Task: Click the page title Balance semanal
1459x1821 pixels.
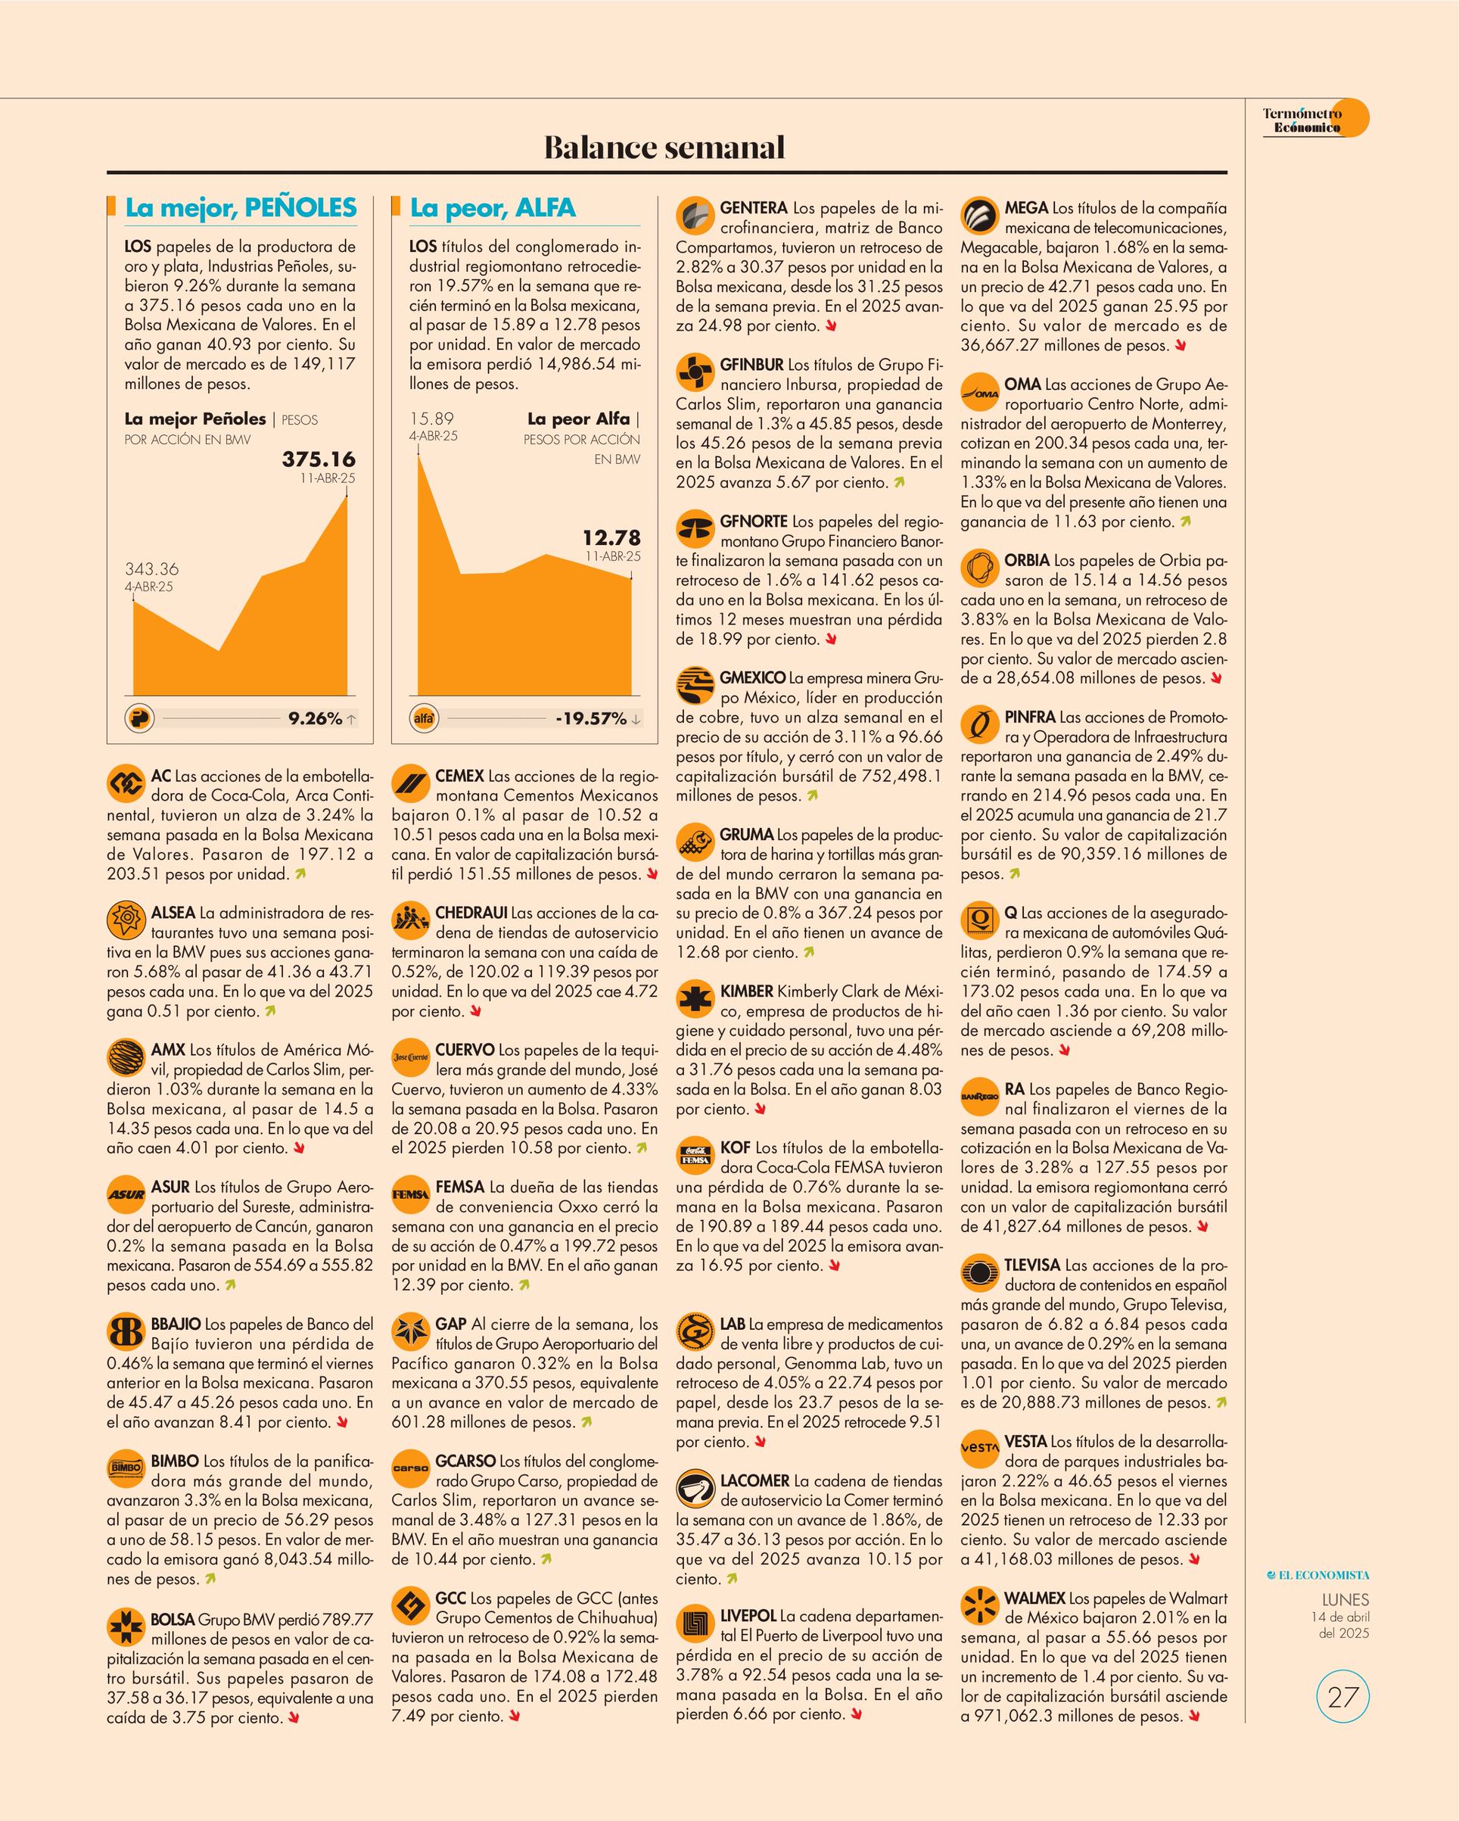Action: click(x=664, y=147)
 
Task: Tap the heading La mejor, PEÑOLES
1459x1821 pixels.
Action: click(x=241, y=208)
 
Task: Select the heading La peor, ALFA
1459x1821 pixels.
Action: click(x=493, y=208)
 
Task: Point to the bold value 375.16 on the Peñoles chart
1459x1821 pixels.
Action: click(x=319, y=459)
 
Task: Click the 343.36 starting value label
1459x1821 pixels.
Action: click(x=152, y=568)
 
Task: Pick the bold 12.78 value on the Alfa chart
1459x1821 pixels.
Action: click(x=611, y=537)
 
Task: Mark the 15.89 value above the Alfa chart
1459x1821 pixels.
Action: click(x=431, y=418)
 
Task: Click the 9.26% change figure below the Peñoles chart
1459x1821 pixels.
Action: click(x=315, y=719)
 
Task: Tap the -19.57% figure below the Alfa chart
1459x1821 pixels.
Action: click(x=591, y=719)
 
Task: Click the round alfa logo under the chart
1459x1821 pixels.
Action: click(x=424, y=719)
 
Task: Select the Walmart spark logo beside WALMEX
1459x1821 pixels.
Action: click(x=979, y=1605)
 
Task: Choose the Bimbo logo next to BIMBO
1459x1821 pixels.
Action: click(x=125, y=1469)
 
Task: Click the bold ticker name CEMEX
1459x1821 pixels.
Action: click(x=459, y=775)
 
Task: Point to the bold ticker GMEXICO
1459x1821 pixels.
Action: click(x=752, y=677)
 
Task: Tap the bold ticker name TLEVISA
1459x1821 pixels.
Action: click(x=1031, y=1265)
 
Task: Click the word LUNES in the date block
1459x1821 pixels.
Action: click(x=1345, y=1600)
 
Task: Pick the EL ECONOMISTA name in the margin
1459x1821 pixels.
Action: click(x=1318, y=1574)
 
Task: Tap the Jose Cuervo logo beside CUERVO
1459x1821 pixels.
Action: click(x=409, y=1057)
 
